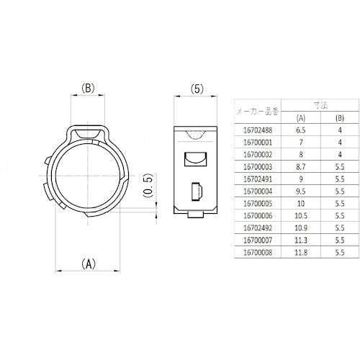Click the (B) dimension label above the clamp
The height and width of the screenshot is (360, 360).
tap(87, 89)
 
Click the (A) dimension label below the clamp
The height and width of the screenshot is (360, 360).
tap(87, 264)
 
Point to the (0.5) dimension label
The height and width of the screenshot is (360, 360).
tap(147, 186)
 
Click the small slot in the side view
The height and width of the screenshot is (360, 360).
tap(195, 192)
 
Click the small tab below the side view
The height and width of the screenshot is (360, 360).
tap(194, 215)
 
